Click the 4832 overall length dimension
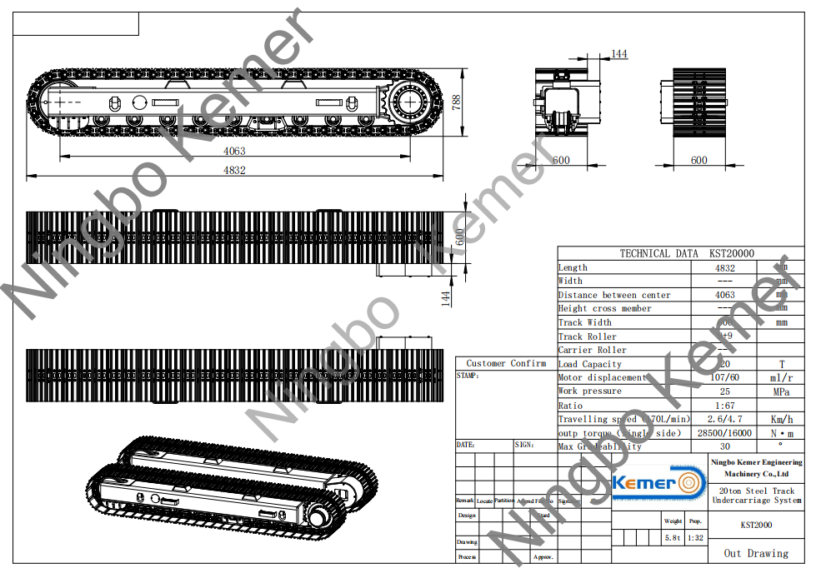[234, 170]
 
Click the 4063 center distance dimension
[234, 152]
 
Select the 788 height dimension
[456, 102]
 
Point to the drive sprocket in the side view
[410, 104]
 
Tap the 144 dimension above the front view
[618, 54]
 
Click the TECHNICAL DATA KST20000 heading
[687, 254]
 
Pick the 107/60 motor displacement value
[724, 378]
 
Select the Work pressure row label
[589, 391]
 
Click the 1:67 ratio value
[724, 406]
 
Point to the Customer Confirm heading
[506, 363]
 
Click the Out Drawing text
[755, 553]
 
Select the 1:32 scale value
[695, 538]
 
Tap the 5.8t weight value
[673, 538]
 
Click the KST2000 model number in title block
[756, 526]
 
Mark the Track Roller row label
[588, 336]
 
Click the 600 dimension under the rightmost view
[698, 161]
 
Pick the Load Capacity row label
[590, 364]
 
